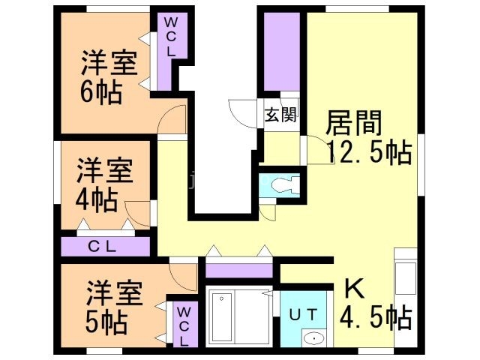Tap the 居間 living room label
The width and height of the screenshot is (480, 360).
coord(355,123)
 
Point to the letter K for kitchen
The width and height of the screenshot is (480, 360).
coord(353,289)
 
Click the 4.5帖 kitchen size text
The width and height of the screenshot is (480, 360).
coord(375,318)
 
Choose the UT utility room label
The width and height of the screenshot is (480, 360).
coord(304,313)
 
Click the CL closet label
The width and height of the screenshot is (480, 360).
coord(104,246)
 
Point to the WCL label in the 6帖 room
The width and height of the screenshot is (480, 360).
coord(169,37)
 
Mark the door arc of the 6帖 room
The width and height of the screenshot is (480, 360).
coord(175,118)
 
